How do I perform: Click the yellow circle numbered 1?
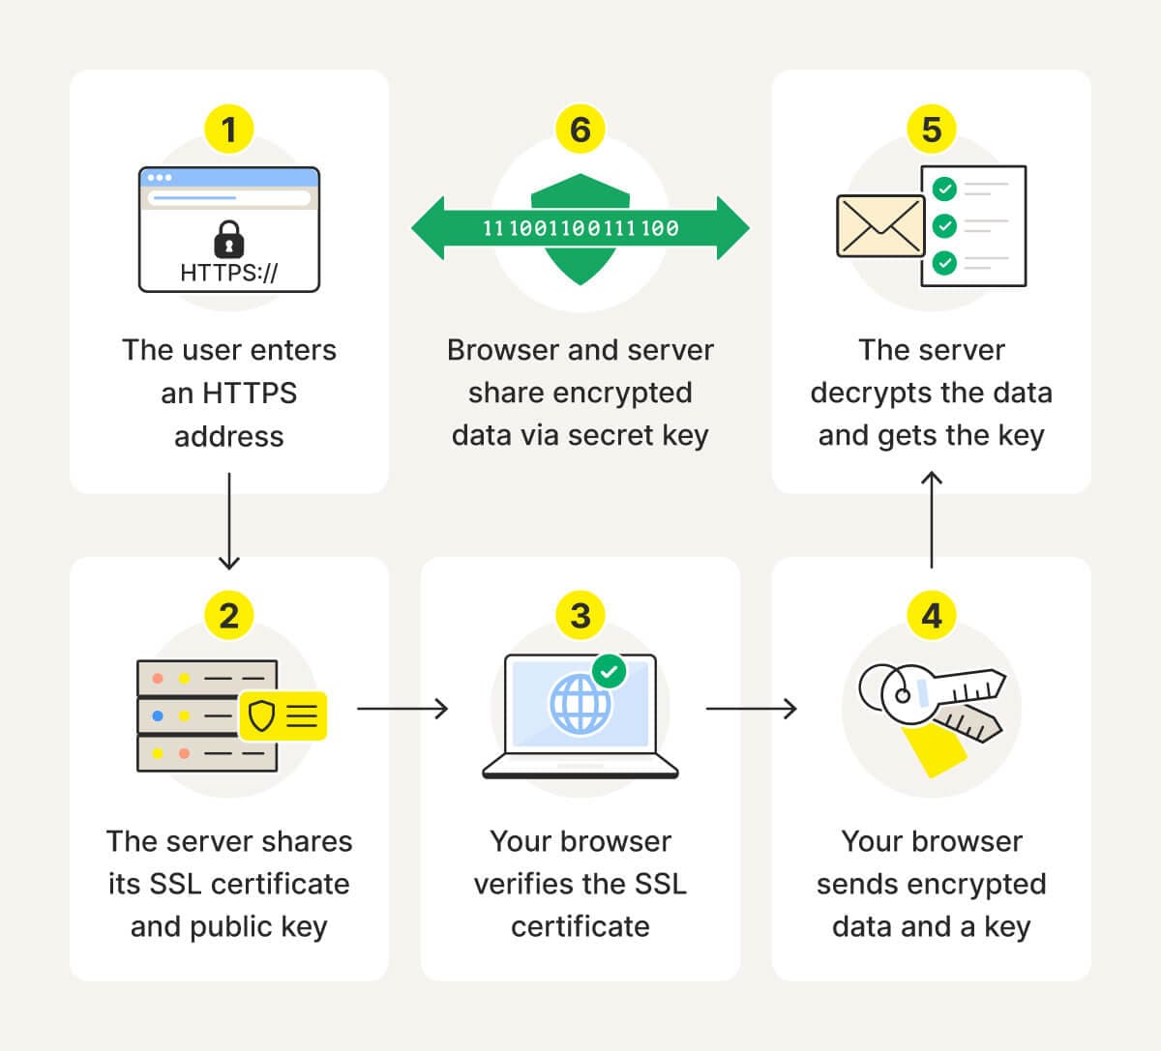point(229,130)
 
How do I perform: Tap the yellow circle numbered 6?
point(580,130)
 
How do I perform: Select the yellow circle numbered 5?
point(931,130)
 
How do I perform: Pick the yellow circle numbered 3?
point(580,616)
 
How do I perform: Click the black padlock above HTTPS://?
point(228,238)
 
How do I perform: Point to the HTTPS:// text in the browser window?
point(228,273)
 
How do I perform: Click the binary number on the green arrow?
point(580,228)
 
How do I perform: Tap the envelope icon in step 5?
point(880,226)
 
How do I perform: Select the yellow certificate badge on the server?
point(283,715)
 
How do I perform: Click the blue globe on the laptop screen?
point(580,703)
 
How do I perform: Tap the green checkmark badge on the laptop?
point(609,670)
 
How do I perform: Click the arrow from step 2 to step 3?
point(402,709)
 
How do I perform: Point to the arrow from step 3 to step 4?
point(752,709)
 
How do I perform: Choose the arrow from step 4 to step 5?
point(931,519)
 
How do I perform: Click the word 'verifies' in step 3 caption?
point(530,884)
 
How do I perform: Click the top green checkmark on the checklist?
point(944,189)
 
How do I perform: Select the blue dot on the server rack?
point(158,716)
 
